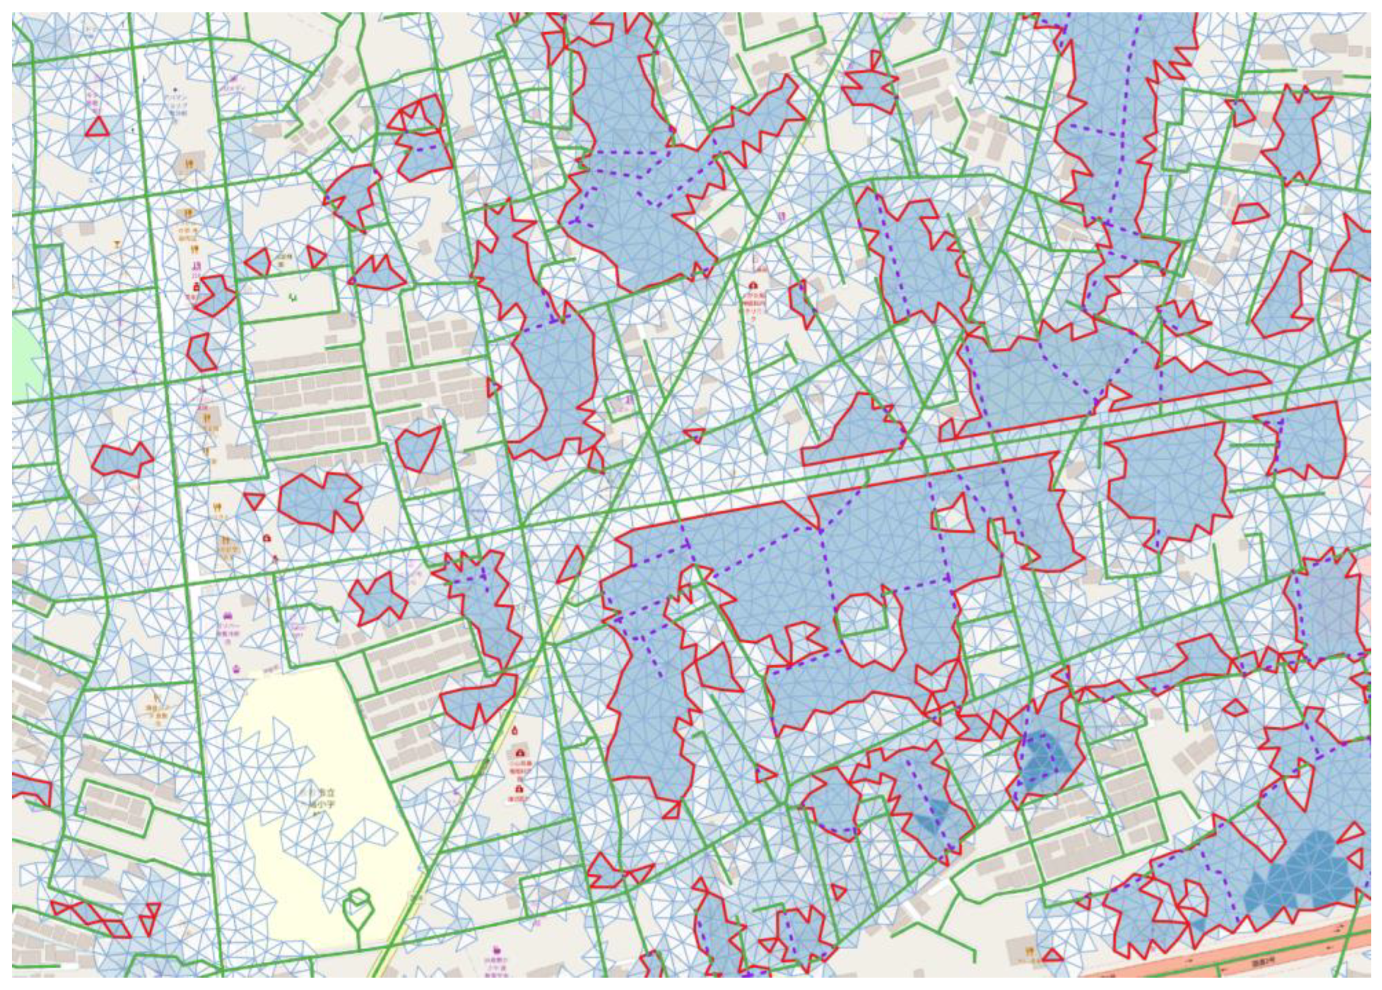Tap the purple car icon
pyautogui.click(x=227, y=615)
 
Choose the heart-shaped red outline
pyautogui.click(x=418, y=448)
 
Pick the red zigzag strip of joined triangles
pyautogui.click(x=91, y=919)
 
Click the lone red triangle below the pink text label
pyautogui.click(x=97, y=127)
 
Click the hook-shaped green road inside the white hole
pyautogui.click(x=865, y=627)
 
